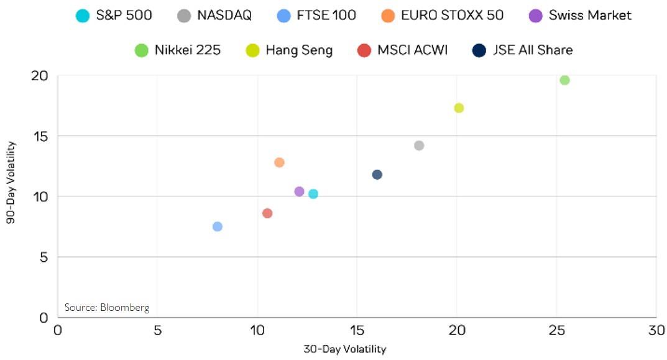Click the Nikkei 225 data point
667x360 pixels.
click(x=564, y=80)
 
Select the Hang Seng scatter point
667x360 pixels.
click(x=459, y=108)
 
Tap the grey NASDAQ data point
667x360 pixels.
click(x=419, y=145)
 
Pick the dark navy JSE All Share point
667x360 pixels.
click(x=377, y=175)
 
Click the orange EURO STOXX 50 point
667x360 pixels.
click(x=279, y=162)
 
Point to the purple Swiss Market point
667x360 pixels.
click(x=299, y=192)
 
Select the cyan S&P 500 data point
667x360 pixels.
click(x=313, y=194)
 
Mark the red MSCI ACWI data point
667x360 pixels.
click(x=267, y=213)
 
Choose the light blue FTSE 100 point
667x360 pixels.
click(x=217, y=226)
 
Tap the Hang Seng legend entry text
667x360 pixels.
click(x=299, y=50)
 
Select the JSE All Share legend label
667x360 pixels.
click(x=533, y=50)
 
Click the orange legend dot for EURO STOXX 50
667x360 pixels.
click(x=389, y=16)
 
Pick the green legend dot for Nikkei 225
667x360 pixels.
click(x=142, y=50)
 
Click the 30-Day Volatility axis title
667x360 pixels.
click(x=344, y=349)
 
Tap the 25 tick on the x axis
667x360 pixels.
click(x=556, y=330)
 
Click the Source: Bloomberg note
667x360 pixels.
click(x=107, y=307)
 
